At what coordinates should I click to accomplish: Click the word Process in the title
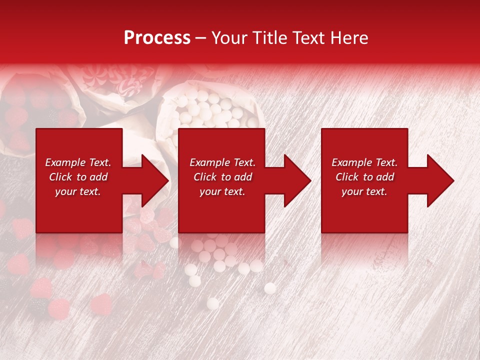click(157, 38)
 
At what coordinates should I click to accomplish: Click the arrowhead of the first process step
click(155, 180)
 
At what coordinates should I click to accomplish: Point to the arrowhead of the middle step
click(297, 180)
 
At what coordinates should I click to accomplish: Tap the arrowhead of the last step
click(440, 180)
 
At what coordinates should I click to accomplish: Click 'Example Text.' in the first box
click(78, 162)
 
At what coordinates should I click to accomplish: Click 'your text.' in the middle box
click(222, 191)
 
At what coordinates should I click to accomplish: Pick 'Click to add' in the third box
click(364, 177)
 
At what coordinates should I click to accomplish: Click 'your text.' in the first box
click(78, 191)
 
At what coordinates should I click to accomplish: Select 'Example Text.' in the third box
click(364, 162)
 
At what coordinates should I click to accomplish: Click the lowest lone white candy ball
click(212, 303)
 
